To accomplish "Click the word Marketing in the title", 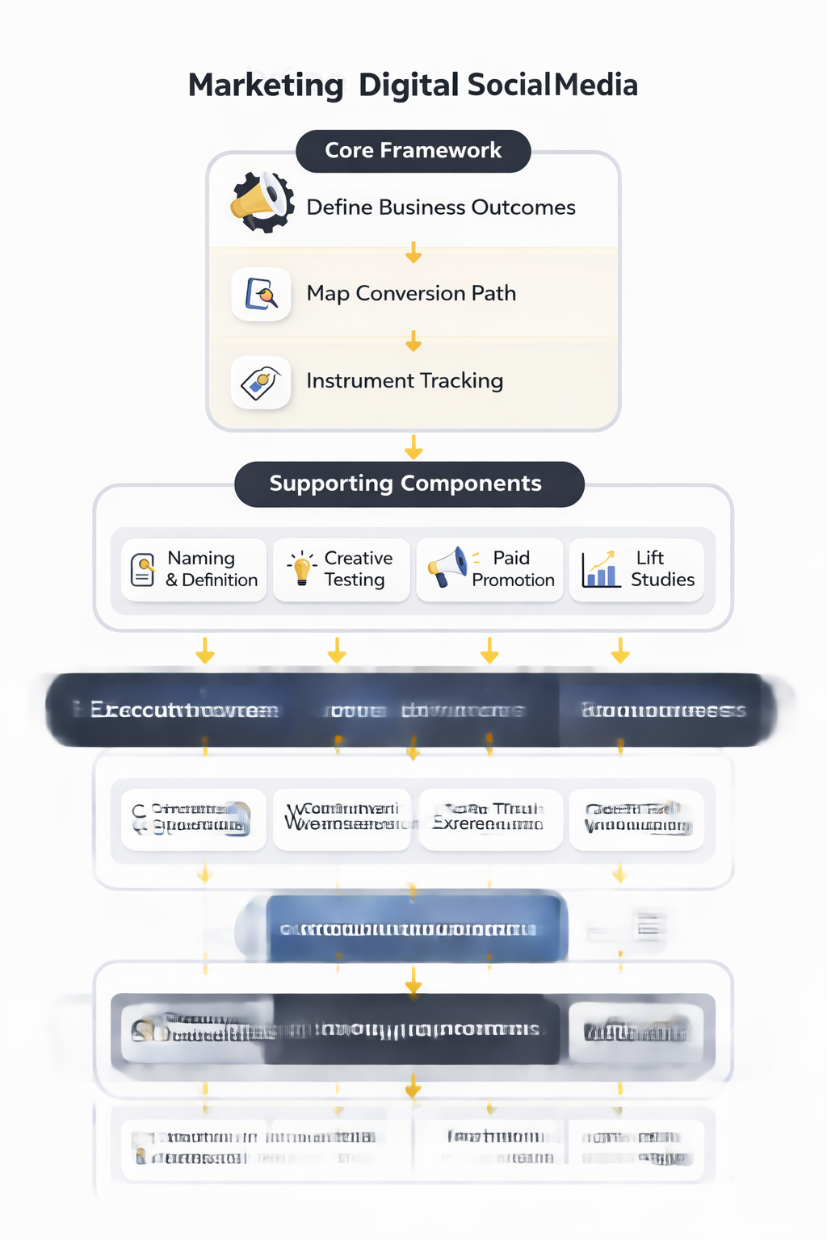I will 266,86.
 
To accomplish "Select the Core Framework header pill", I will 413,151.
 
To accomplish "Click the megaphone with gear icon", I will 262,203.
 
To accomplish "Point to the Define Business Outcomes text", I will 440,207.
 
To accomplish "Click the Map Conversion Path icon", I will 261,294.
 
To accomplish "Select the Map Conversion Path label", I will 410,294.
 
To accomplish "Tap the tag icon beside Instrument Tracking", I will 261,382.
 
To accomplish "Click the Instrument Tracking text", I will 404,381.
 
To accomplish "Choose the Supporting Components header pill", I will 409,484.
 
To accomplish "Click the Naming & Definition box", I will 194,569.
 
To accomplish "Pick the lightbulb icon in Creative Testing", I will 301,568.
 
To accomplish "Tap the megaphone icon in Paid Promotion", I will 447,567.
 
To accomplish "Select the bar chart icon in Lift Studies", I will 600,569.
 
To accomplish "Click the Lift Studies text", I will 661,569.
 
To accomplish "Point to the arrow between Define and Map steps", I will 413,253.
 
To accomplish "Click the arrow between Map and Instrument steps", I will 413,341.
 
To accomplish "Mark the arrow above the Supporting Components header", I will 413,446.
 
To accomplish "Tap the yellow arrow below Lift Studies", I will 620,650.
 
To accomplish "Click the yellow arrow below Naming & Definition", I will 205,650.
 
